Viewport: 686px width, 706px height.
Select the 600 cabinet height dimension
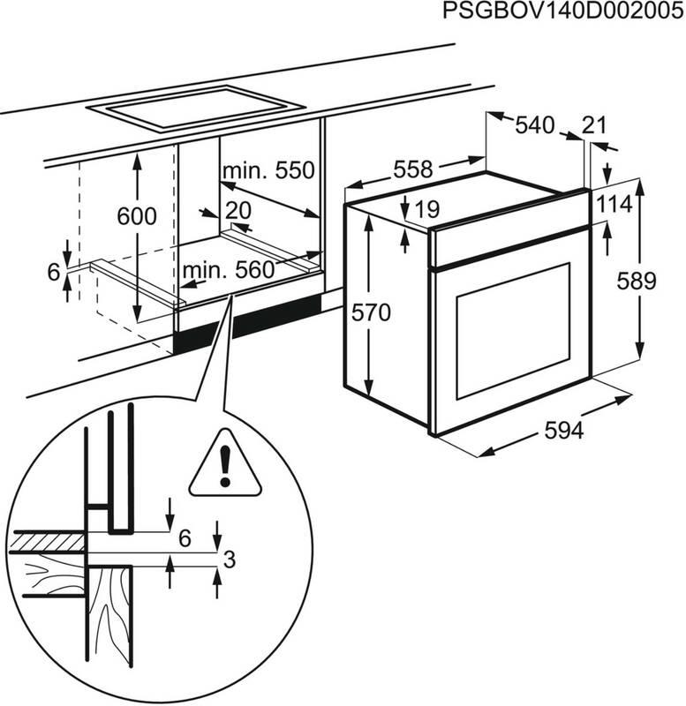click(x=139, y=216)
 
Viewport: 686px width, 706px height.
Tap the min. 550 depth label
click(x=268, y=169)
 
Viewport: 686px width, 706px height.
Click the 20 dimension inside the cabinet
click(x=237, y=210)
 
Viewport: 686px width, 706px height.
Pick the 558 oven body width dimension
click(x=413, y=168)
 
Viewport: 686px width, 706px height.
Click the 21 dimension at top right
click(x=595, y=126)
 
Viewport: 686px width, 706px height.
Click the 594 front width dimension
click(x=564, y=431)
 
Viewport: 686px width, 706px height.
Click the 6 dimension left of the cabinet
click(x=53, y=273)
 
